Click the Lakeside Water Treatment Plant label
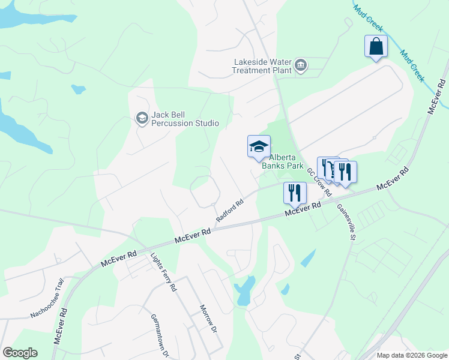coord(262,65)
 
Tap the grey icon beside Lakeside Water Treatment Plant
coord(301,65)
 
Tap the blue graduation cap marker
coord(259,147)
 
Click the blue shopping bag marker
coord(376,46)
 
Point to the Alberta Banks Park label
coord(289,161)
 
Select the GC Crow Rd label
coord(319,182)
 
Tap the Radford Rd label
coord(229,211)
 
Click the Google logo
coord(20,353)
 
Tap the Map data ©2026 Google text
coord(411,355)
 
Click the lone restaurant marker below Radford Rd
coord(294,193)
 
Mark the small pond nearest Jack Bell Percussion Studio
coord(78,90)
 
